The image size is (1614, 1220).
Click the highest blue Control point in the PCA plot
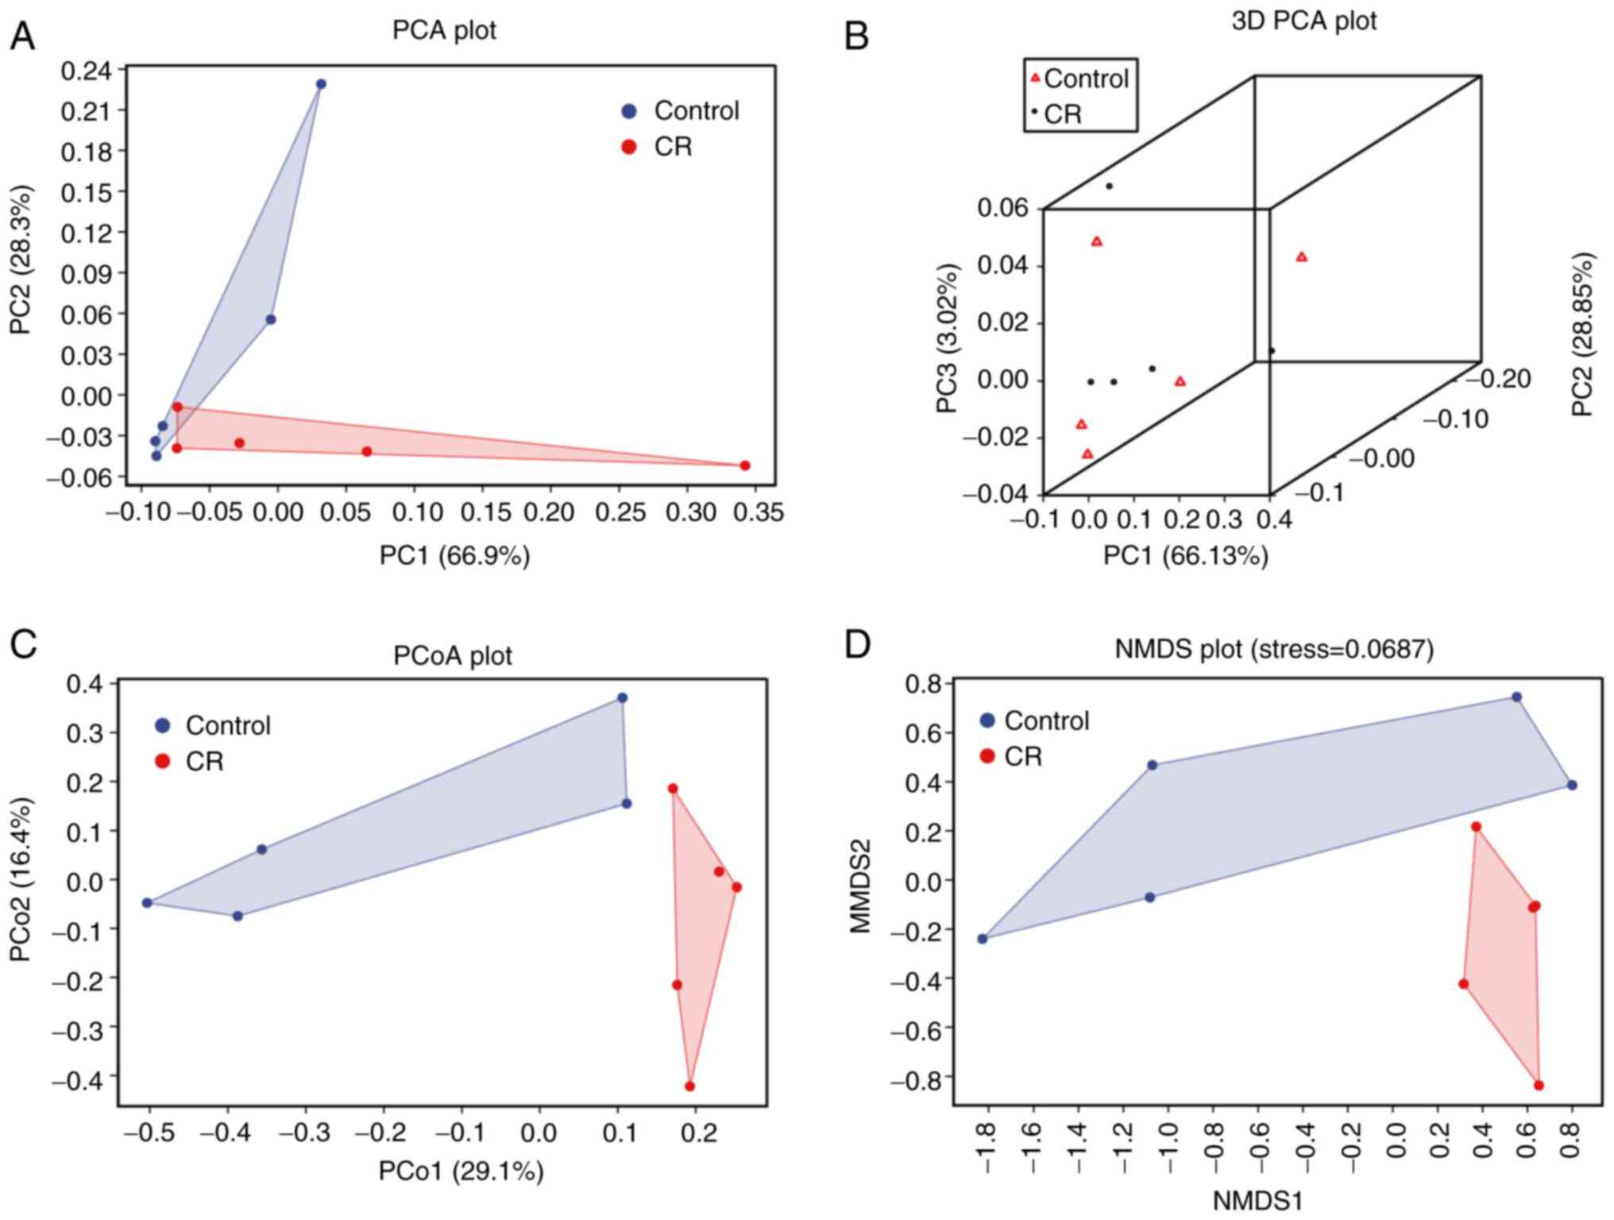(x=321, y=84)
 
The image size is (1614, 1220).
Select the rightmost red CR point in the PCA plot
(x=744, y=465)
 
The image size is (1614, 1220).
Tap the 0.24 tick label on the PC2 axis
(x=87, y=70)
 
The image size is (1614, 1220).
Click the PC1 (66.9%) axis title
(x=454, y=556)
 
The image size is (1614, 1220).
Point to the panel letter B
(x=856, y=36)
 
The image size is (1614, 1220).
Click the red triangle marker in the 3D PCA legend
(x=1035, y=78)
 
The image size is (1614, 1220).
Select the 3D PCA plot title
(x=1303, y=21)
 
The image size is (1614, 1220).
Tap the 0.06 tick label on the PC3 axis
(x=1002, y=208)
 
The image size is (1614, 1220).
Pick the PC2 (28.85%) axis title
(x=1582, y=334)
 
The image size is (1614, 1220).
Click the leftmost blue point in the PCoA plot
(x=147, y=902)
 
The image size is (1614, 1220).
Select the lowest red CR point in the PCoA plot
(x=689, y=1086)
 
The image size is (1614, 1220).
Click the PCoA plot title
(x=453, y=655)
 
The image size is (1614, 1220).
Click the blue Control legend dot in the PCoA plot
(x=163, y=725)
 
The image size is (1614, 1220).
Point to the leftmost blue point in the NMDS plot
(x=983, y=938)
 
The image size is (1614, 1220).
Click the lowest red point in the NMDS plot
(x=1539, y=1085)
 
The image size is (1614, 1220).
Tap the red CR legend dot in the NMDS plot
(x=987, y=756)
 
